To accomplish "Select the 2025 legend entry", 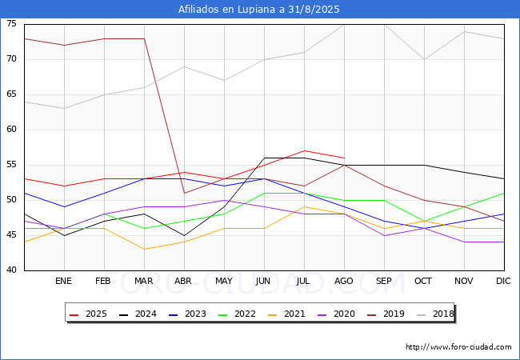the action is (x=88, y=314).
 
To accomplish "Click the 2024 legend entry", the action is (x=138, y=314).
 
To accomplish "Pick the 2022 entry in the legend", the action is (x=237, y=314).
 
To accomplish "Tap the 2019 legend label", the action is (x=394, y=314).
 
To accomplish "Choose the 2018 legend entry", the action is (x=435, y=314).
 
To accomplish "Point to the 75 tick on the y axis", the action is (x=11, y=23).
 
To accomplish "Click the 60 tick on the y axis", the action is (x=11, y=130).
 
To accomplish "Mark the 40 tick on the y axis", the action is (x=11, y=270).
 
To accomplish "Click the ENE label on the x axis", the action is (x=63, y=281).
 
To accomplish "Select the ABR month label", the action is (x=183, y=281).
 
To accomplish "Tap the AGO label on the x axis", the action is (x=343, y=281).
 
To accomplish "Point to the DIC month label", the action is (x=503, y=281).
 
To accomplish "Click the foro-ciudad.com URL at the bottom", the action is (x=458, y=347).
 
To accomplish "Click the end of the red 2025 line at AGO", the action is (x=345, y=158).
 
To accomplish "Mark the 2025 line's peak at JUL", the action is (x=304, y=151).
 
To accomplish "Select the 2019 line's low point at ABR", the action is (x=184, y=193).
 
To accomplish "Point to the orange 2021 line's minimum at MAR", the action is (x=144, y=250).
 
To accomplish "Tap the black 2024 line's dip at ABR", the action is (x=184, y=235).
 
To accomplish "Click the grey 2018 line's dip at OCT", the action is (x=425, y=60).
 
